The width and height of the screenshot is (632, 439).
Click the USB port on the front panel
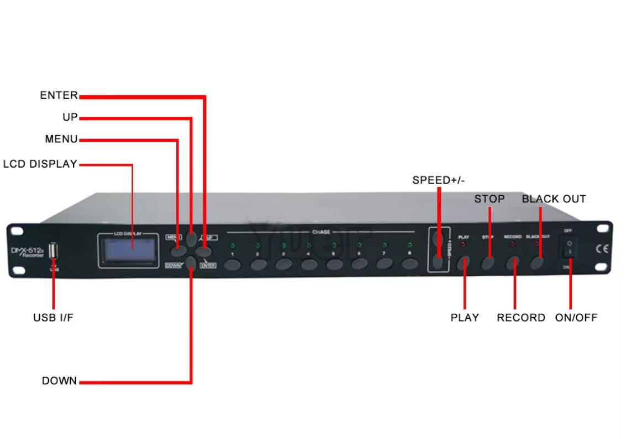pos(54,251)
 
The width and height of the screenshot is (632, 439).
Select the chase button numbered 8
pos(409,264)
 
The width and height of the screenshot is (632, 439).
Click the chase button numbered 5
pos(334,264)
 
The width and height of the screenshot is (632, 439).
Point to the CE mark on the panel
pos(602,249)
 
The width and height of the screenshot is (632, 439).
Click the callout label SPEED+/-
pos(439,180)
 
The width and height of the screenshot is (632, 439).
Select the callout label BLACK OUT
pos(554,199)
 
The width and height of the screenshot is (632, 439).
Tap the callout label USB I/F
pos(53,318)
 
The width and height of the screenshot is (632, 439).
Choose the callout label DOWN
pos(59,381)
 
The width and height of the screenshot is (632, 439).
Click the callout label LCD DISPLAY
pos(40,164)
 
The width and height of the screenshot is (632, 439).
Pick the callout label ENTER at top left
pos(59,95)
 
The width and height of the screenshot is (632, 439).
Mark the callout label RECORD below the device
pos(520,318)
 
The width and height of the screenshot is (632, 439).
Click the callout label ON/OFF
pos(576,318)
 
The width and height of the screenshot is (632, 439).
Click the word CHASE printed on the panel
pos(321,232)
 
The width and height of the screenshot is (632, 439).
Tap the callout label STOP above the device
pos(489,199)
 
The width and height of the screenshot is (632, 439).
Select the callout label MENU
pos(61,140)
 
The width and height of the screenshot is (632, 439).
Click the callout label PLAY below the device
pos(465,318)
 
